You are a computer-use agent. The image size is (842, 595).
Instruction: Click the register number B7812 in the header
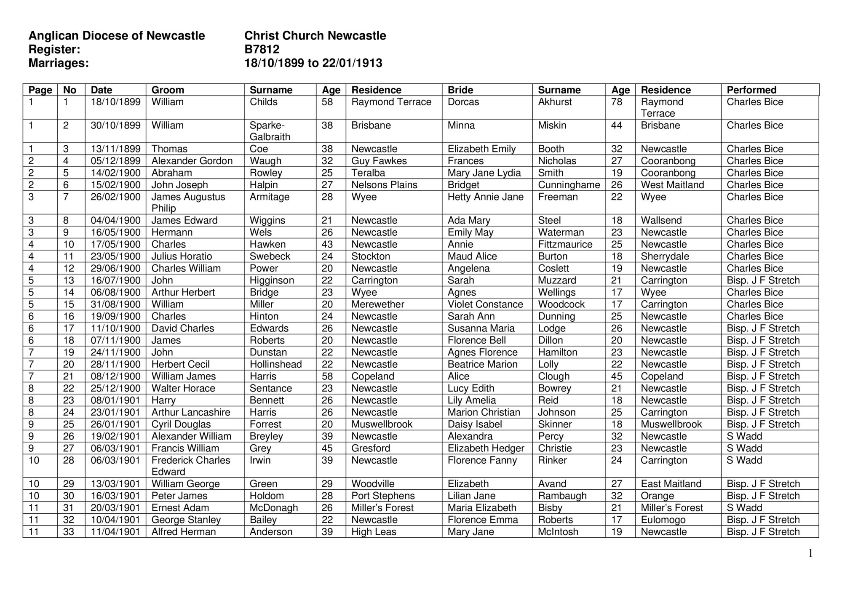(x=262, y=50)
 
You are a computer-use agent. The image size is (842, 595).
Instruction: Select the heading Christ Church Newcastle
(x=315, y=36)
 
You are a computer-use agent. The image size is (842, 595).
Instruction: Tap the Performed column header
(x=751, y=90)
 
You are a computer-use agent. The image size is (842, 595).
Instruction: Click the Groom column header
(x=168, y=90)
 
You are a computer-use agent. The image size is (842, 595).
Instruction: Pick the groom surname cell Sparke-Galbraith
(x=270, y=131)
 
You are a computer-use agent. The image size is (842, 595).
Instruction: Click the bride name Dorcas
(x=463, y=102)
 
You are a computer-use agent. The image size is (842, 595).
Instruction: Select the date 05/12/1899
(x=115, y=161)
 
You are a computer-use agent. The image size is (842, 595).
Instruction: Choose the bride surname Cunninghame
(x=569, y=185)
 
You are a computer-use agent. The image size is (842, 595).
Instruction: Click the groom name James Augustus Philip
(x=188, y=203)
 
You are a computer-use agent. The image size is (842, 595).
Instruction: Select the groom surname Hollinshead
(x=275, y=364)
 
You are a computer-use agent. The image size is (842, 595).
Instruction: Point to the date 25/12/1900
(x=115, y=388)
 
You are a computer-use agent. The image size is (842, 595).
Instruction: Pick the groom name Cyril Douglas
(x=181, y=424)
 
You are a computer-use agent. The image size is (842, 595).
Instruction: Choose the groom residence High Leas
(x=374, y=532)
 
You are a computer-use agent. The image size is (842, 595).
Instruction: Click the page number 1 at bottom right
(x=810, y=553)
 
